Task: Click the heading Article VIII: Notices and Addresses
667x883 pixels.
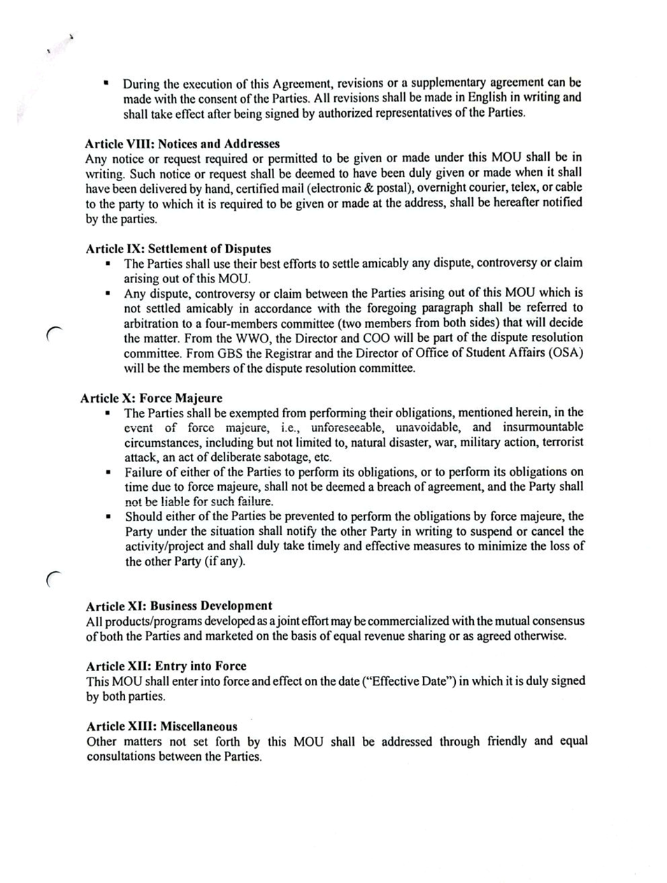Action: (x=182, y=143)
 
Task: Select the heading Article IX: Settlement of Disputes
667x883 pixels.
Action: (x=178, y=248)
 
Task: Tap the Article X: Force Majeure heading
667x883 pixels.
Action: (x=151, y=398)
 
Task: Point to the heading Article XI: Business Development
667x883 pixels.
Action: (x=179, y=605)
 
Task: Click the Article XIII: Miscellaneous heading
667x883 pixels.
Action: (x=162, y=726)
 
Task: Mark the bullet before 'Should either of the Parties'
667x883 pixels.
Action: (x=109, y=517)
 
